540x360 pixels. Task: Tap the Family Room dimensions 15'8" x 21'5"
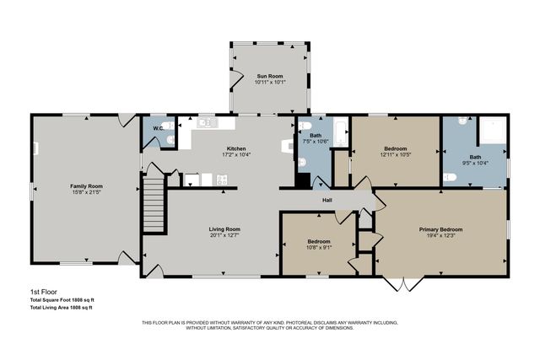[85, 191]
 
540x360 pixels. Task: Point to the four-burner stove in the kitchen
[222, 179]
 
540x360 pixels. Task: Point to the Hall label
[327, 200]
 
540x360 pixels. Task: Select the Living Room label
[225, 228]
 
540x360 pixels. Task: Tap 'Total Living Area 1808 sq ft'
[62, 307]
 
